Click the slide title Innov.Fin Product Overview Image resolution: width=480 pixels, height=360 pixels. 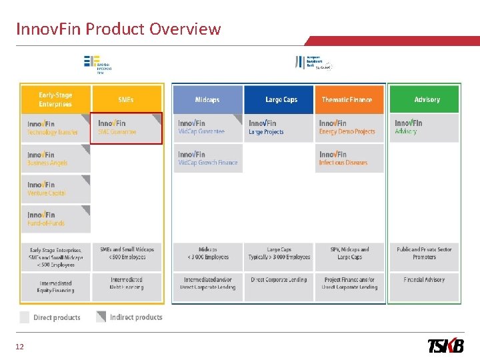coord(118,29)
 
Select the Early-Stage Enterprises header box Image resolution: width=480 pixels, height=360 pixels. coord(55,99)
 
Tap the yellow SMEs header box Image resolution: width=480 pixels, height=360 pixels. coord(126,99)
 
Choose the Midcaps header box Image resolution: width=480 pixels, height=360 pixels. coord(207,99)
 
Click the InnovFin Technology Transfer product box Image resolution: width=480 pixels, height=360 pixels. coord(55,127)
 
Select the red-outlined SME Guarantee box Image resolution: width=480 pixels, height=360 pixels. coord(126,127)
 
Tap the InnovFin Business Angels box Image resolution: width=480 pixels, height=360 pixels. coord(55,158)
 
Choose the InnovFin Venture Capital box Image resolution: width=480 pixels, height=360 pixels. coord(55,189)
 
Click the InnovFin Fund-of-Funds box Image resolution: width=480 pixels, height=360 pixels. coord(55,219)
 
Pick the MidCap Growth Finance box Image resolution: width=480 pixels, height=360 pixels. coord(207,158)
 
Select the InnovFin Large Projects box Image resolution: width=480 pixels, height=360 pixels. coord(278,127)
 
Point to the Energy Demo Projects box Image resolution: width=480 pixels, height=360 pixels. coord(350,127)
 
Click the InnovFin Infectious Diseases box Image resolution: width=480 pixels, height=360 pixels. coord(350,158)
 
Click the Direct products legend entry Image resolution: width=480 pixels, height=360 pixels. coord(50,317)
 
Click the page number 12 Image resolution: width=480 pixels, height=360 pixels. coord(20,347)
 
